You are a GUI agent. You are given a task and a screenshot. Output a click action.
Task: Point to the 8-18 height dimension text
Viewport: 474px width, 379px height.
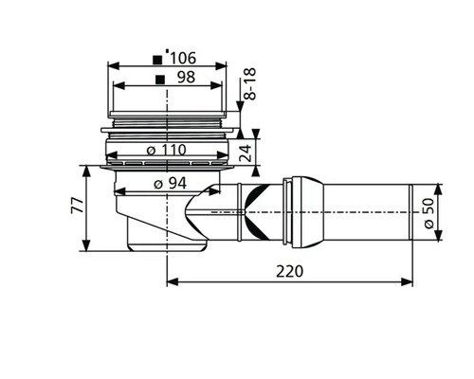click(x=250, y=86)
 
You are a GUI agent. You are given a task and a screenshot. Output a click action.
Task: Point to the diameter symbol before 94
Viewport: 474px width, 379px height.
click(x=155, y=184)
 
